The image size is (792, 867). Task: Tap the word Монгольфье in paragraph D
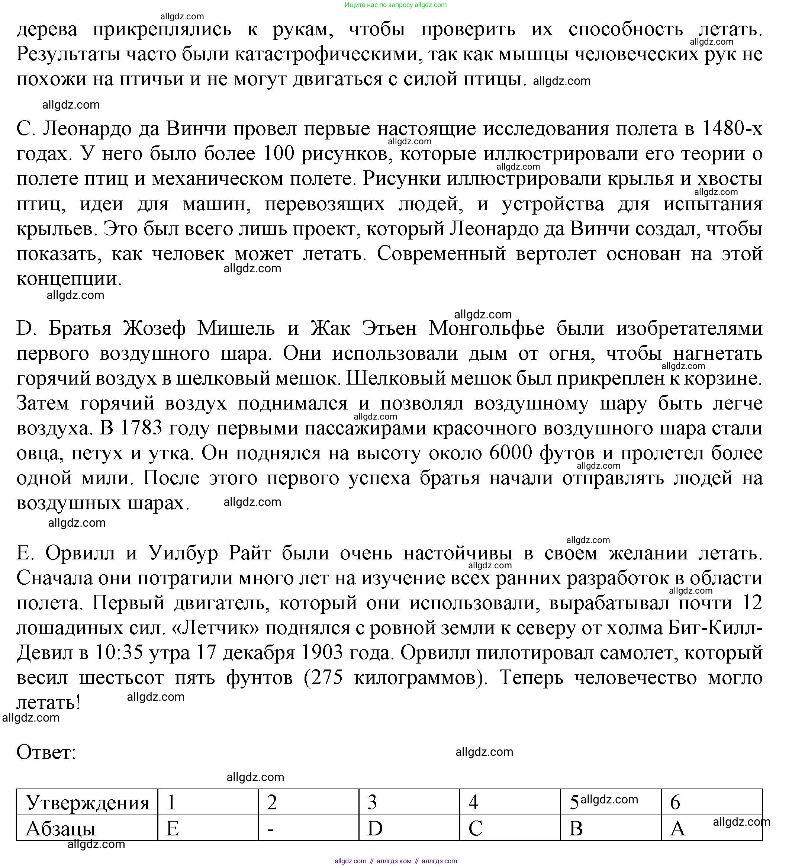tap(486, 328)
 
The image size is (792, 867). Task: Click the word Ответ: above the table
tap(46, 752)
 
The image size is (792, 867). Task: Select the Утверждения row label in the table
tap(87, 803)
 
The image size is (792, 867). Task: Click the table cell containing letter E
tap(208, 828)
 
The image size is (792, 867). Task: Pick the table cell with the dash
tap(308, 828)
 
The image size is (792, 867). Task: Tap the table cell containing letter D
tap(409, 828)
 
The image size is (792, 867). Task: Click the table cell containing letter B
tap(611, 828)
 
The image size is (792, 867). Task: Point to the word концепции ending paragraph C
tap(69, 279)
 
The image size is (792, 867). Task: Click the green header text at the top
tap(395, 5)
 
